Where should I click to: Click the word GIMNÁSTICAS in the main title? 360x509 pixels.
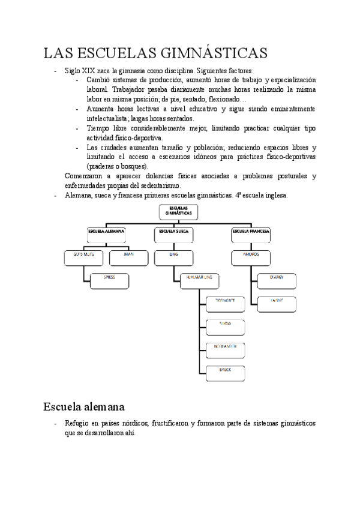(x=212, y=53)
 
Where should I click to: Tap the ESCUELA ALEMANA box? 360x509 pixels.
(x=106, y=231)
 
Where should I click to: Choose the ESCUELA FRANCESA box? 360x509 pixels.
(x=251, y=231)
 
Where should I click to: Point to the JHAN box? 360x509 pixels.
(x=128, y=256)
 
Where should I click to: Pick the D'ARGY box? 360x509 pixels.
(x=277, y=279)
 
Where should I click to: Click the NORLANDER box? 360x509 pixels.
(x=225, y=349)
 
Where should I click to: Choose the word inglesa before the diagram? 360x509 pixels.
(x=275, y=195)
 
